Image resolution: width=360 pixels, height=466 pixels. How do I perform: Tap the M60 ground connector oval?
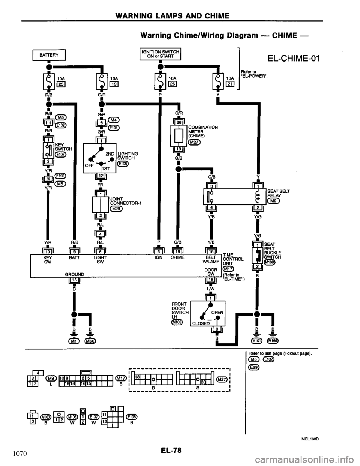point(90,341)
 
